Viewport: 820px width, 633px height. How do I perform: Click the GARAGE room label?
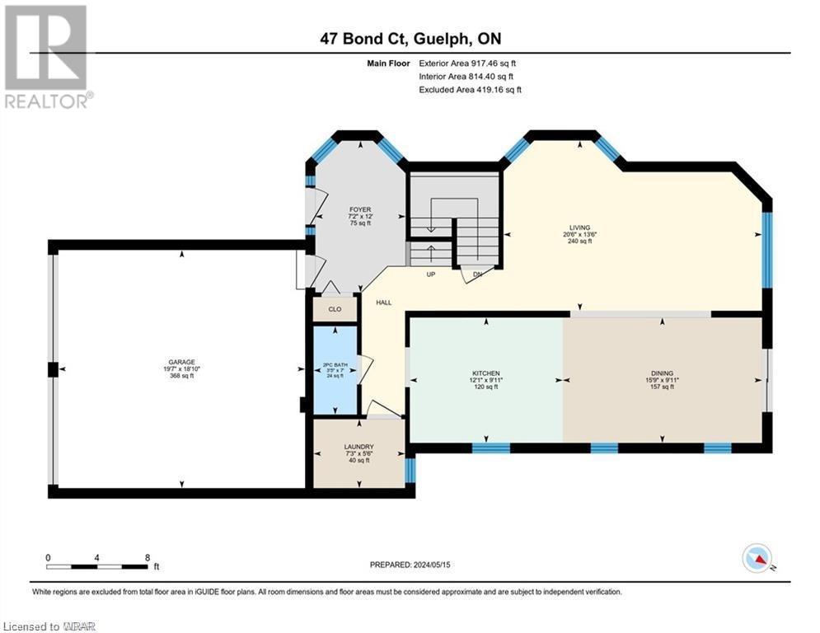pyautogui.click(x=181, y=362)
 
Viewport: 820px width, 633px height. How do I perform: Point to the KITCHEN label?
pyautogui.click(x=486, y=373)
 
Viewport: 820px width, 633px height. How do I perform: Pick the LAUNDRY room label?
pyautogui.click(x=358, y=447)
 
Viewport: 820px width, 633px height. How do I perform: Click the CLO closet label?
pyautogui.click(x=335, y=310)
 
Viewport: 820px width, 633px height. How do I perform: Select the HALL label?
pyautogui.click(x=383, y=302)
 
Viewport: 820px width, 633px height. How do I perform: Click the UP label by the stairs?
pyautogui.click(x=430, y=274)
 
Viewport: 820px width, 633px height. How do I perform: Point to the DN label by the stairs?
pyautogui.click(x=477, y=274)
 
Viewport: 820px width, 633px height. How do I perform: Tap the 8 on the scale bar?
pyautogui.click(x=147, y=557)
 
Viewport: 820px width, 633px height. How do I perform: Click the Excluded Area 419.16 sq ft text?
pyautogui.click(x=470, y=90)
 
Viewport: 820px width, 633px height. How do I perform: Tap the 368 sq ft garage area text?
pyautogui.click(x=181, y=377)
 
